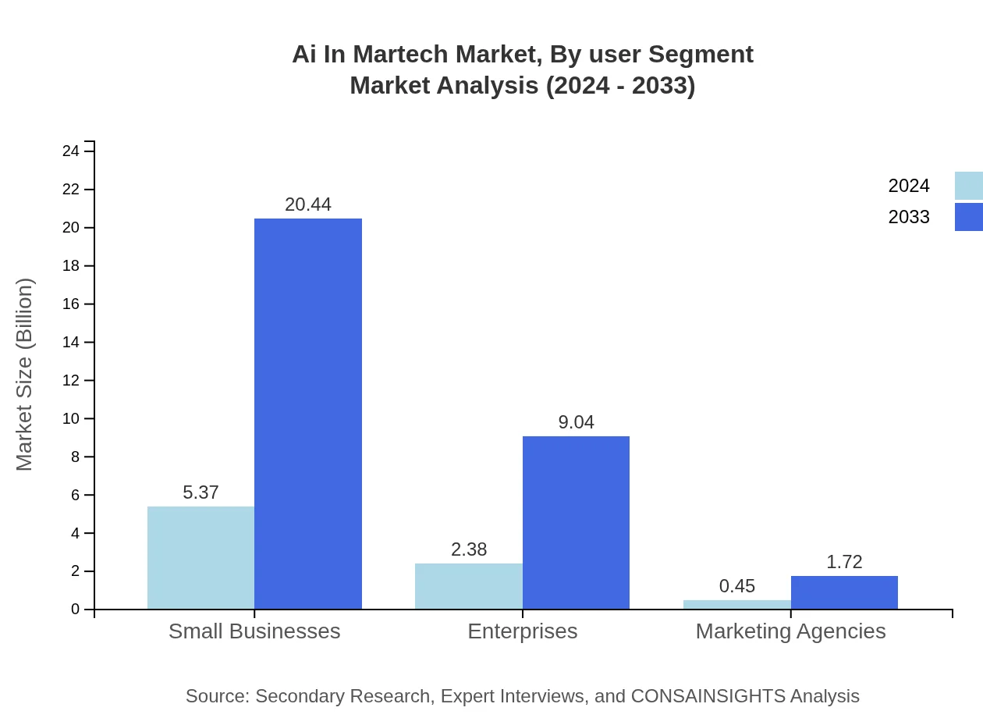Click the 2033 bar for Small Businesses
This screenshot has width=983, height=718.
(308, 414)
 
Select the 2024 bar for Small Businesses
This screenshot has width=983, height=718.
(201, 557)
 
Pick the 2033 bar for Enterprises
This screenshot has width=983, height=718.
(576, 522)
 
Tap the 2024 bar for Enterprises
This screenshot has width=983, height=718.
(468, 586)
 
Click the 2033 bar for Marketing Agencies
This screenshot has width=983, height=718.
(844, 592)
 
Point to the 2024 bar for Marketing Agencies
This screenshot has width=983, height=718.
(736, 604)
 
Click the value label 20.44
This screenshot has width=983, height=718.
(308, 204)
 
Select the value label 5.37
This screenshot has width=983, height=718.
(201, 492)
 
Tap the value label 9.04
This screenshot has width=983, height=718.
(576, 422)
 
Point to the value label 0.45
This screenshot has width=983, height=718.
(736, 586)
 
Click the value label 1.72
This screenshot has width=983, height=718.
(844, 562)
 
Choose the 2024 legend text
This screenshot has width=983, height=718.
(909, 186)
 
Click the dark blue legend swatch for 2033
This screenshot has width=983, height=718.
(968, 217)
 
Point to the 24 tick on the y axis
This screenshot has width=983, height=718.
(71, 151)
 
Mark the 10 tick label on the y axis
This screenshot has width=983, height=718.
(71, 418)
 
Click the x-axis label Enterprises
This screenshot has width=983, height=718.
(522, 631)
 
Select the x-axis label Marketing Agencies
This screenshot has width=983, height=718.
(790, 631)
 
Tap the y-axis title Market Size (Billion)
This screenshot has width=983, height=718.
(25, 375)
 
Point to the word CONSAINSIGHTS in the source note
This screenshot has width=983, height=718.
(708, 696)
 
